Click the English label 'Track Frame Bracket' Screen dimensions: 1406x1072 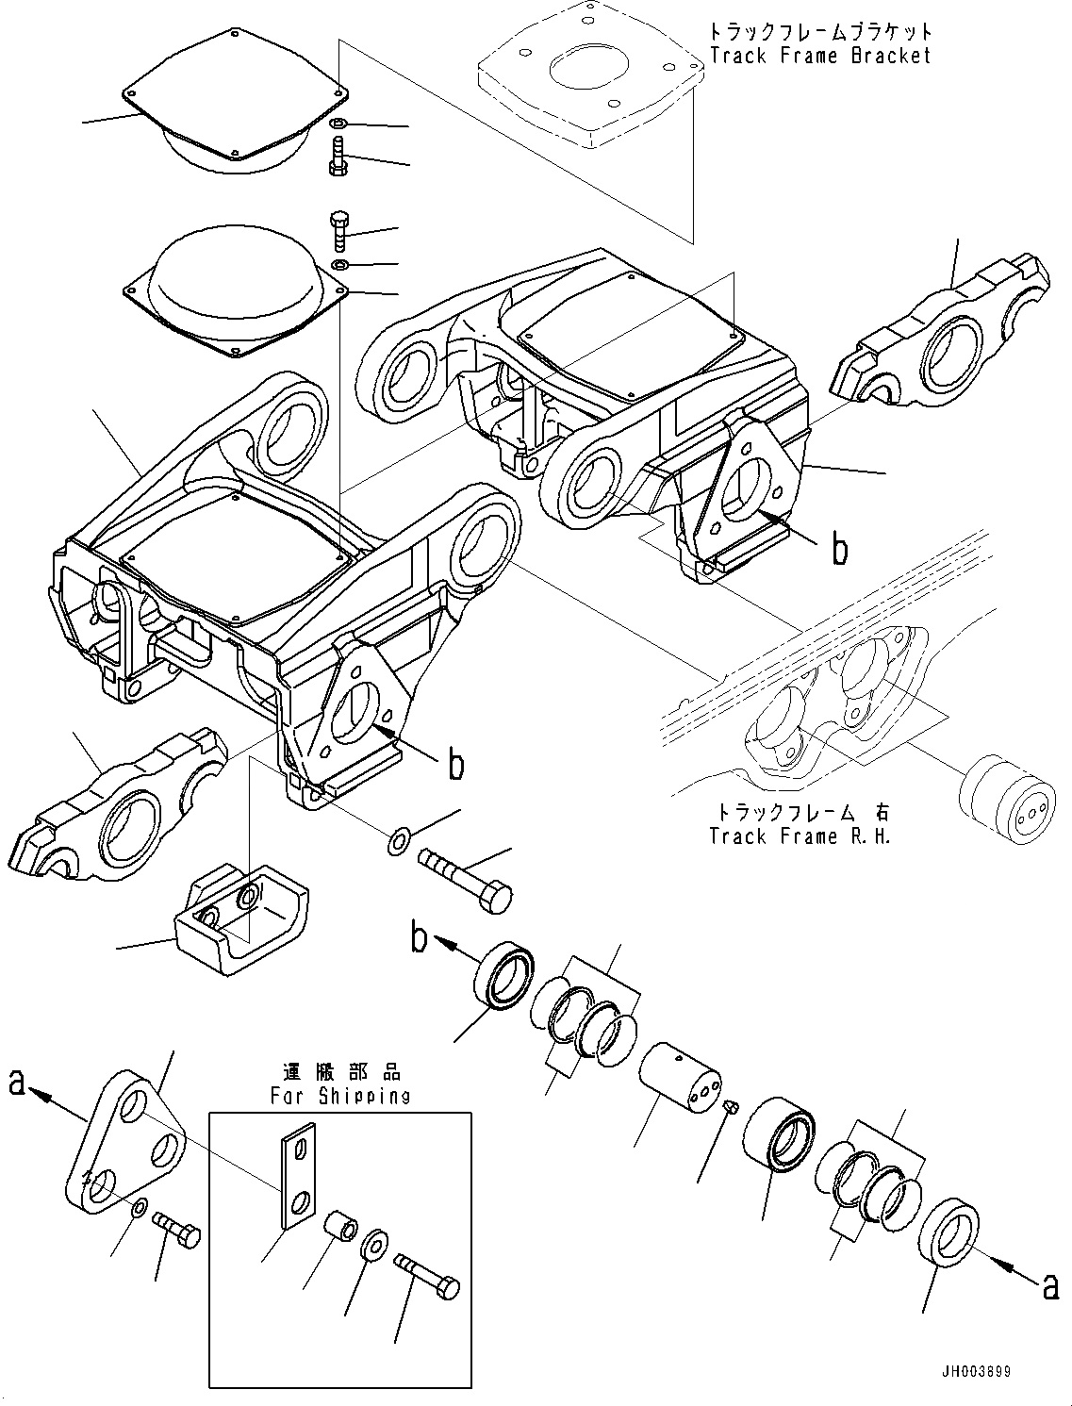[x=819, y=56]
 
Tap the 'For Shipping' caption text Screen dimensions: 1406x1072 [x=340, y=1096]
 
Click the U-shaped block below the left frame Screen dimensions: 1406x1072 [x=239, y=919]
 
